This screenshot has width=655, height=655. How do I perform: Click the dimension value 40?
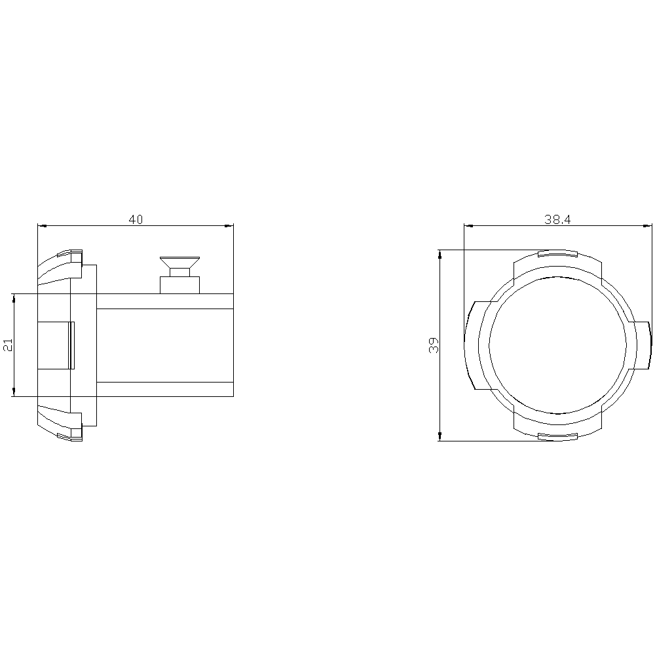pyautogui.click(x=136, y=219)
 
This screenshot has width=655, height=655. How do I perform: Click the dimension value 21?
pyautogui.click(x=9, y=345)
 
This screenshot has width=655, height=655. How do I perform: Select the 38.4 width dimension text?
pyautogui.click(x=557, y=219)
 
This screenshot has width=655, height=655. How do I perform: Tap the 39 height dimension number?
pyautogui.click(x=434, y=345)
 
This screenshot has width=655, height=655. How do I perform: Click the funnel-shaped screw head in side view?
pyautogui.click(x=179, y=263)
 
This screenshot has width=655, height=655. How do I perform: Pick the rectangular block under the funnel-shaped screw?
pyautogui.click(x=180, y=285)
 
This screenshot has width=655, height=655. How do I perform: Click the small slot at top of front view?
pyautogui.click(x=557, y=253)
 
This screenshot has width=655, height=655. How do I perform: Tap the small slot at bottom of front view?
pyautogui.click(x=557, y=436)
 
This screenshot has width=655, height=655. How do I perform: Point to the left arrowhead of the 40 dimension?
pyautogui.click(x=42, y=226)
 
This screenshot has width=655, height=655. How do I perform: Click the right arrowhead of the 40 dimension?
pyautogui.click(x=229, y=226)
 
